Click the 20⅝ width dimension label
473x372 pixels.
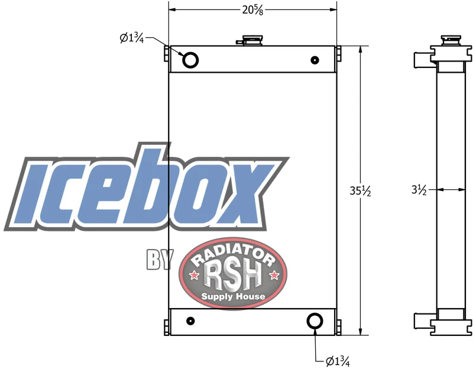coord(253,10)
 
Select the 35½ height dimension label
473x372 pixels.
coord(360,190)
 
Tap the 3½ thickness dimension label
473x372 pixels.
coord(419,190)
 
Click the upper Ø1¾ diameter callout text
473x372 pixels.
coord(131,38)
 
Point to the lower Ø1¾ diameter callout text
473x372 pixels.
coord(338,361)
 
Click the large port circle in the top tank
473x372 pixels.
coord(190,60)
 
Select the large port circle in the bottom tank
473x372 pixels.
coord(315,321)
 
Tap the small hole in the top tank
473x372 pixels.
coord(315,60)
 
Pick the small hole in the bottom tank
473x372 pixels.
coord(190,321)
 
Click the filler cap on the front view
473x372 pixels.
coord(250,40)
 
